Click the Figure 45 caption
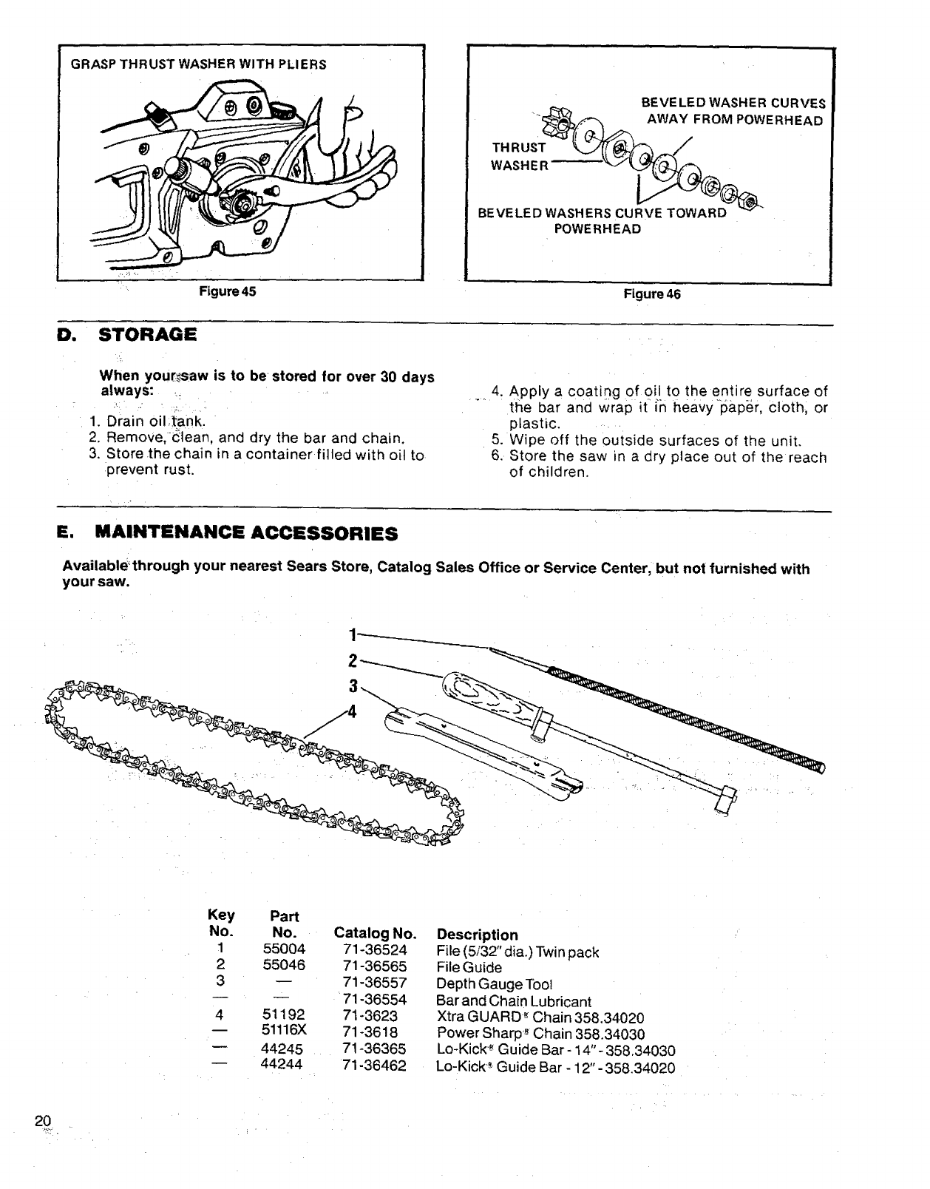pos(228,291)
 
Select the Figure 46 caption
pos(652,294)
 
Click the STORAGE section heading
pos(147,335)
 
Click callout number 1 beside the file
pos(353,634)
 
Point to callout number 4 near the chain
pos(352,711)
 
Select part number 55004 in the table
pos(284,949)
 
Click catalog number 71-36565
pos(375,966)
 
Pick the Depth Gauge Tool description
pos(495,984)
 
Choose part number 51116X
pos(284,1033)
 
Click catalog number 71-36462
pos(375,1066)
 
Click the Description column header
pos(478,935)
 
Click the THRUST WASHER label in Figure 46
pos(520,156)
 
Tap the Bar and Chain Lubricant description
pos(515,1001)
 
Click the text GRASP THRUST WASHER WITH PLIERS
pos(198,64)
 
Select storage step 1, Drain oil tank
pos(146,421)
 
